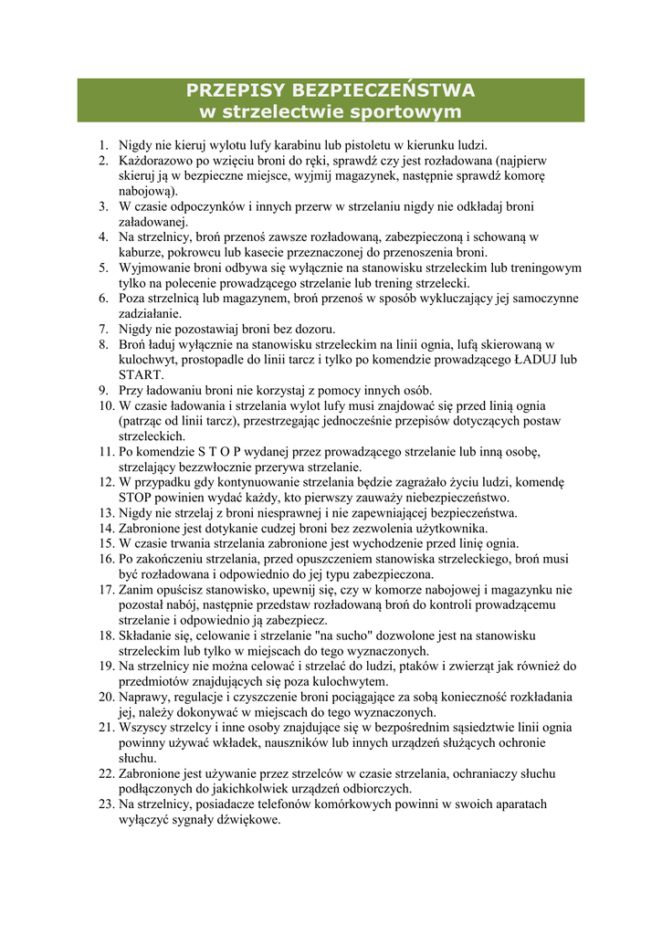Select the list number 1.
tap(103, 144)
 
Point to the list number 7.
tap(103, 329)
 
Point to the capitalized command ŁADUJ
tap(534, 360)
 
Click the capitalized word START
tap(142, 374)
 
